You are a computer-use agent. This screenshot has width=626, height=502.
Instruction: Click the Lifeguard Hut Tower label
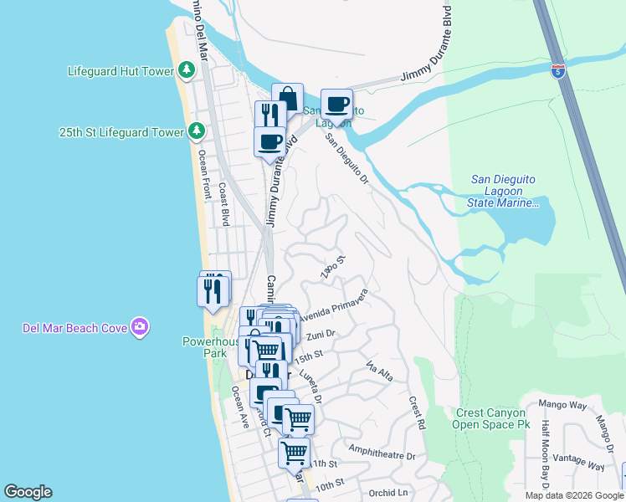(121, 71)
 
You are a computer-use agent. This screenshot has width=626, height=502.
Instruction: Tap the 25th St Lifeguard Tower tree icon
(197, 131)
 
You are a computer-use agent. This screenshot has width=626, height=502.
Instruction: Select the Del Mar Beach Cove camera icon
(140, 326)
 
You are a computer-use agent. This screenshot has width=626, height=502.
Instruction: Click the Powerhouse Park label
(205, 347)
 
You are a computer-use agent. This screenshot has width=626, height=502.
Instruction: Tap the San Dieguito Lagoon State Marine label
(503, 191)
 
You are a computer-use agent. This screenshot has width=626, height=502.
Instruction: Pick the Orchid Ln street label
(387, 492)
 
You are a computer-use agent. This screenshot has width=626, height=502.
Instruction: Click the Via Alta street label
(379, 369)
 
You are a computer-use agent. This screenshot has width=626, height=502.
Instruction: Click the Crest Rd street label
(417, 413)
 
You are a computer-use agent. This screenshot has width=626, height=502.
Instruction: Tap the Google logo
(28, 492)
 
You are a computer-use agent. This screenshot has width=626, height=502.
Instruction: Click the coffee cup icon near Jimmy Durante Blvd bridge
(336, 104)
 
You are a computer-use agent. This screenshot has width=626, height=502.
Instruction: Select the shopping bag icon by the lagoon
(288, 98)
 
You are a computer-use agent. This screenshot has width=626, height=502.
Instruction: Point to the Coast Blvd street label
(224, 206)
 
